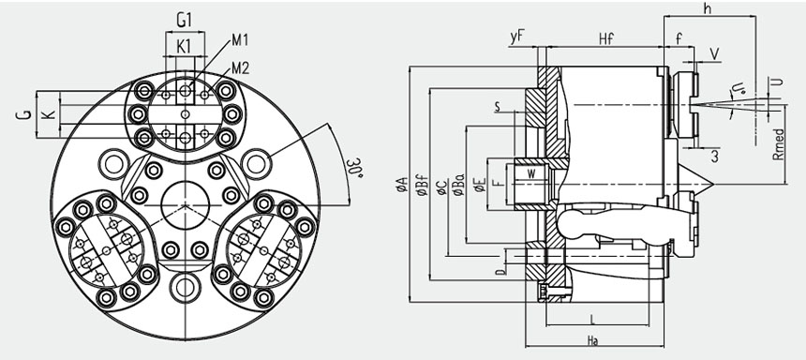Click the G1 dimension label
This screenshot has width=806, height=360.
click(184, 21)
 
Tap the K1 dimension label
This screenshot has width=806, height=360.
click(184, 46)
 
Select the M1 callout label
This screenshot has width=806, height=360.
click(240, 40)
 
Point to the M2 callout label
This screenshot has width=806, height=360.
click(240, 67)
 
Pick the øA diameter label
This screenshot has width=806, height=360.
click(401, 184)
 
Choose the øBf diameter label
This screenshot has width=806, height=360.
click(422, 184)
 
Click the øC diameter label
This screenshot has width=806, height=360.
click(441, 187)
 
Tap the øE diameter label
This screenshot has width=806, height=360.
click(480, 184)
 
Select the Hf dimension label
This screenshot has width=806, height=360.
click(606, 39)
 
